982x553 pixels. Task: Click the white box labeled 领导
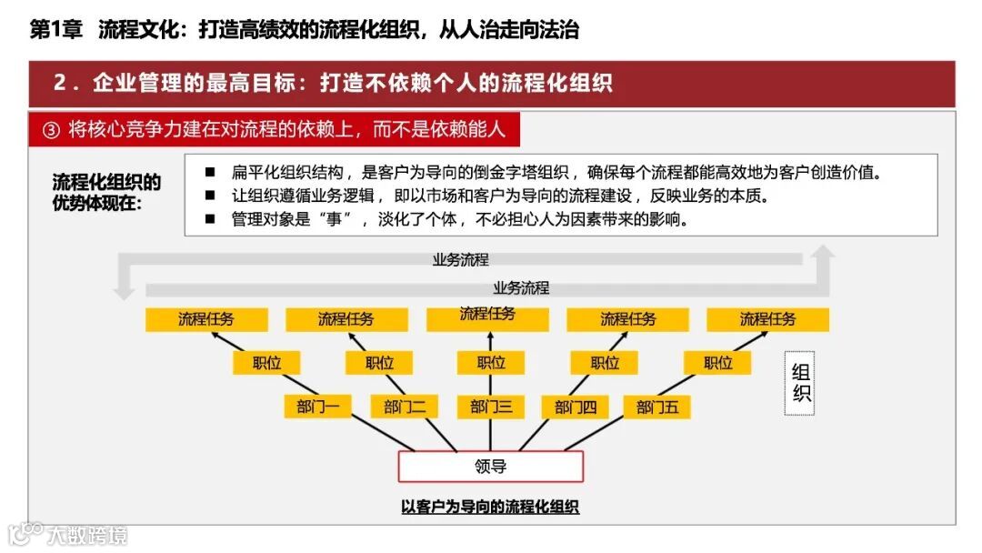[490, 467]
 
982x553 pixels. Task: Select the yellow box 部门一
[317, 407]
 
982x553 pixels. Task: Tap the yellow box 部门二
[405, 407]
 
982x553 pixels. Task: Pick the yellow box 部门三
[491, 407]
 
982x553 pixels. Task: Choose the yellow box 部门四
[576, 407]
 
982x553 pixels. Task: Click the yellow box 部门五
[657, 407]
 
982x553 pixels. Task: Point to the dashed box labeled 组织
[801, 383]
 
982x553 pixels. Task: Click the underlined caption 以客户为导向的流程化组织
[490, 507]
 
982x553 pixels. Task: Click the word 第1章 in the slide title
[56, 30]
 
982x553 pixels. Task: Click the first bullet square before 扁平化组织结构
[210, 172]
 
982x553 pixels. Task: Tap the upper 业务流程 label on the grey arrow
[460, 259]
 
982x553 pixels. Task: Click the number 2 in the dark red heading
[60, 83]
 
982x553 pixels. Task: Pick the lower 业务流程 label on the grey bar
[521, 288]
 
